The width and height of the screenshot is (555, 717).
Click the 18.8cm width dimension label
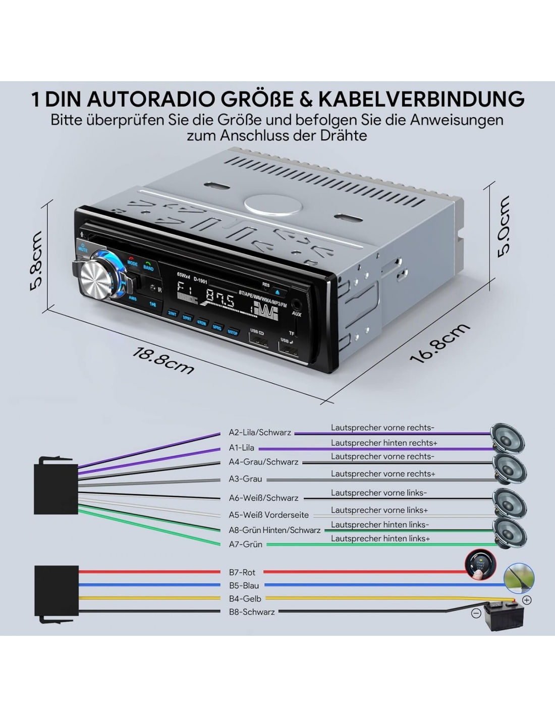[162, 360]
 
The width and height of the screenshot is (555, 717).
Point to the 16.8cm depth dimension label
[439, 343]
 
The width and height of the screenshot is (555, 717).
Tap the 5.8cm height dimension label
[36, 260]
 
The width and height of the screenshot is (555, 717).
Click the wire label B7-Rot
[242, 572]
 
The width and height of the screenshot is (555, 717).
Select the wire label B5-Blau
[244, 585]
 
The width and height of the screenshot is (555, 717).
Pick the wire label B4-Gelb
[245, 599]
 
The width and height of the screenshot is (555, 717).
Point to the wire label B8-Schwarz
[252, 612]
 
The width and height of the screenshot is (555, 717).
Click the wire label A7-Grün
[246, 545]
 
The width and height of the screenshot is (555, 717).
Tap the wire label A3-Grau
[246, 479]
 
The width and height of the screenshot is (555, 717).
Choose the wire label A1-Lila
[242, 447]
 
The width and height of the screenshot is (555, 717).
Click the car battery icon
[503, 617]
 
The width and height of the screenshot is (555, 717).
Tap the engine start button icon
[479, 564]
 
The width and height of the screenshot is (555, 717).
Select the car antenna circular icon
[519, 577]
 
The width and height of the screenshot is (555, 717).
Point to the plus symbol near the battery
[527, 600]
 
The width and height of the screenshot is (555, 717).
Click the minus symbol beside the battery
[476, 614]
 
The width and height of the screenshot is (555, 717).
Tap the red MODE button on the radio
[132, 262]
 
